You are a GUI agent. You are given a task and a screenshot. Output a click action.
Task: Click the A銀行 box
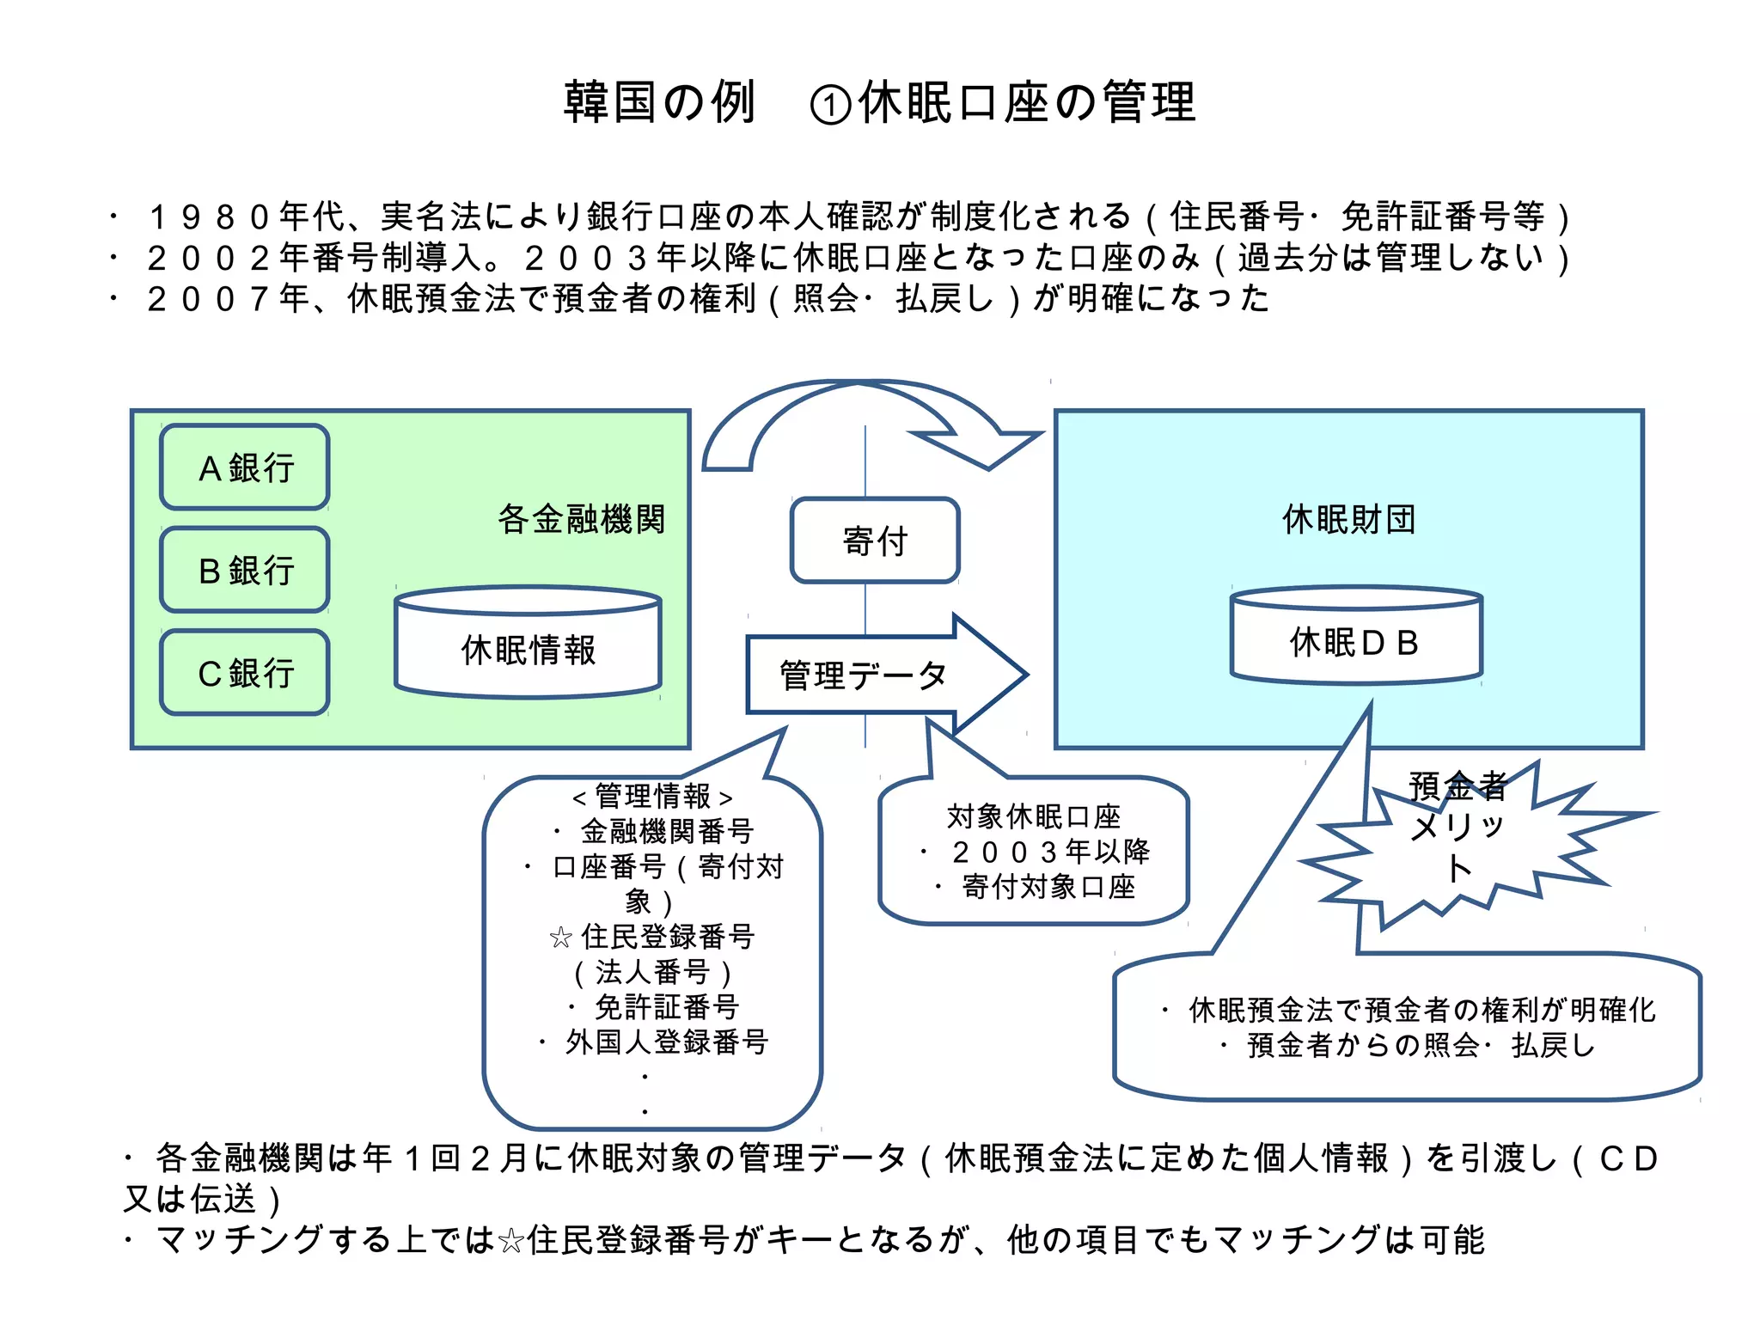pyautogui.click(x=245, y=467)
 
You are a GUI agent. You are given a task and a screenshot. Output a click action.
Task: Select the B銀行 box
pyautogui.click(x=245, y=570)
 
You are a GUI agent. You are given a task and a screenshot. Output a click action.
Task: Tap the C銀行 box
pyautogui.click(x=245, y=672)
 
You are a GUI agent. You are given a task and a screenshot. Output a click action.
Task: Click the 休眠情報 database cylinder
pyautogui.click(x=528, y=649)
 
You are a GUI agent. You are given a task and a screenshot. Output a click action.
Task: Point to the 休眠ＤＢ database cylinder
pyautogui.click(x=1355, y=640)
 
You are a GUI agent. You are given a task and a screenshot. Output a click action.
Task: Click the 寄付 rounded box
pyautogui.click(x=875, y=541)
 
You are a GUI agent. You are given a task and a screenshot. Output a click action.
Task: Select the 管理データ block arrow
pyautogui.click(x=885, y=675)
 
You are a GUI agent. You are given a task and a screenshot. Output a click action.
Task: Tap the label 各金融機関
pyautogui.click(x=581, y=519)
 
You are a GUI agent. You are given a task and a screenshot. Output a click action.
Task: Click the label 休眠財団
pyautogui.click(x=1348, y=519)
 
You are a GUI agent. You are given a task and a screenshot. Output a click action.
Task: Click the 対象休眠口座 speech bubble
pyautogui.click(x=1034, y=851)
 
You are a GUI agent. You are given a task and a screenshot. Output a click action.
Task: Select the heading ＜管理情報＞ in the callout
pyautogui.click(x=652, y=797)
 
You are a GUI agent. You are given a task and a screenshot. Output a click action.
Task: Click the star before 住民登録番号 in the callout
pyautogui.click(x=560, y=938)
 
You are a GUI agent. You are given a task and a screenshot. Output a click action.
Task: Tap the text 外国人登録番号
pyautogui.click(x=666, y=1042)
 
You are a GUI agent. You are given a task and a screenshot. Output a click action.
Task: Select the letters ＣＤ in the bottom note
pyautogui.click(x=1628, y=1158)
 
